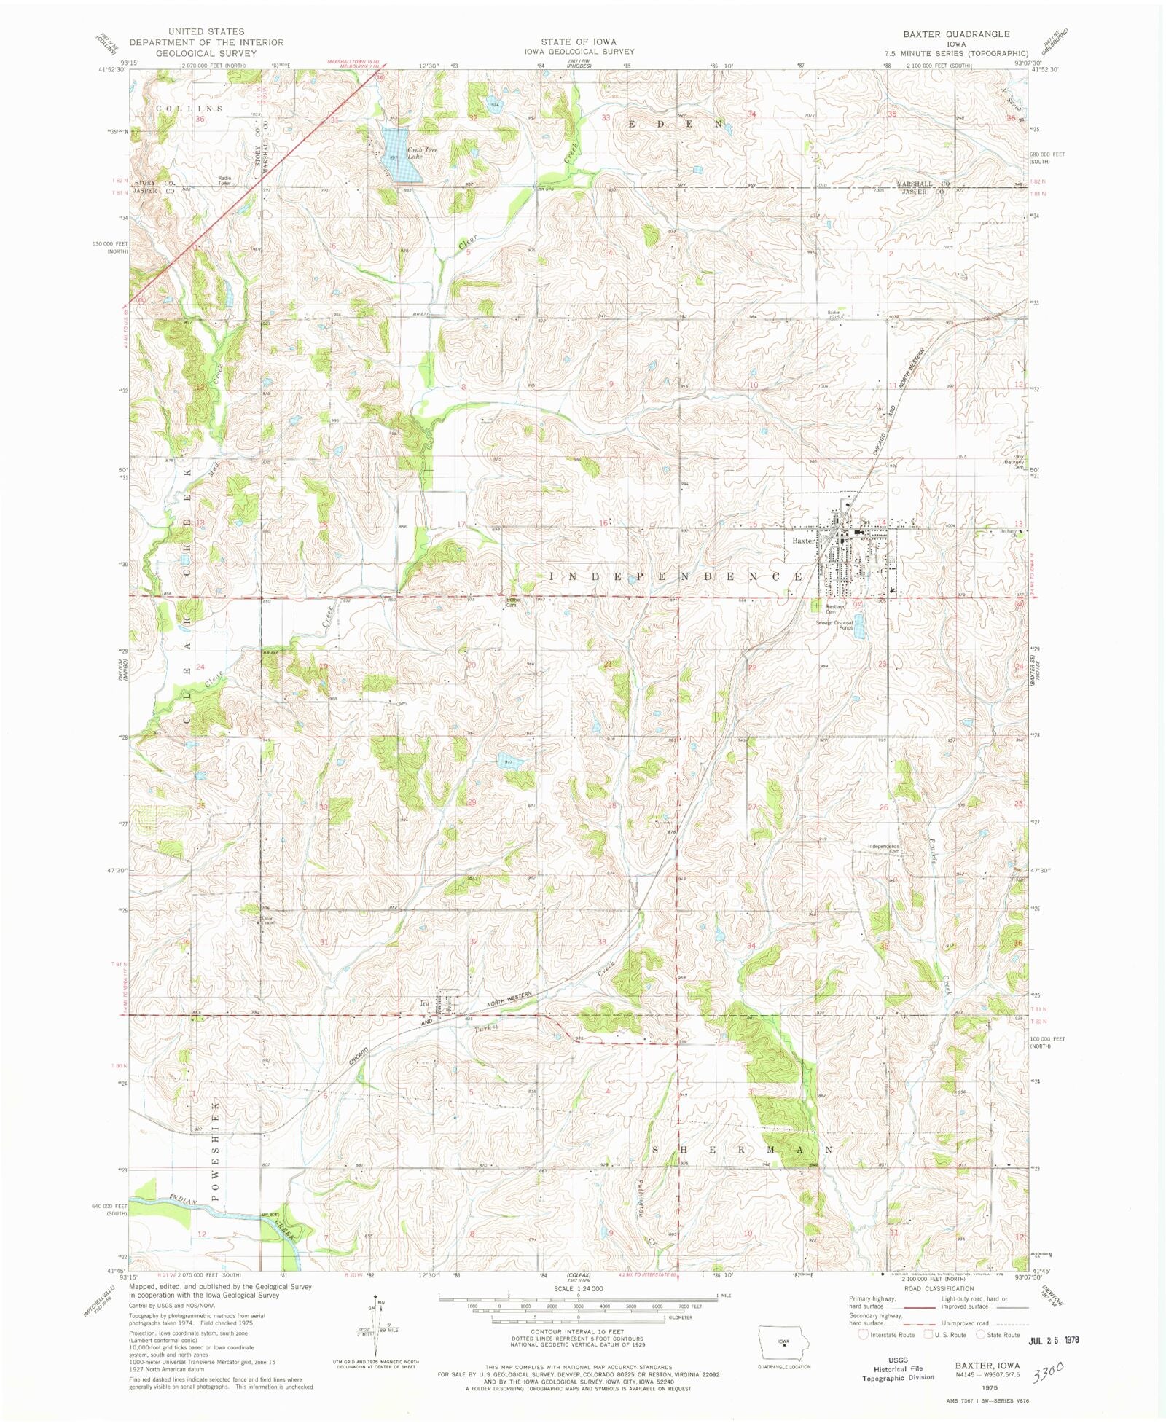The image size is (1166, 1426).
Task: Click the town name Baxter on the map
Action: coord(804,541)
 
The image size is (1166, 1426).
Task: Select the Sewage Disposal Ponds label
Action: coord(834,624)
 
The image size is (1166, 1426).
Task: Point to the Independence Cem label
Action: coord(883,849)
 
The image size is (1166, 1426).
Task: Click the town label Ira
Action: coord(423,1003)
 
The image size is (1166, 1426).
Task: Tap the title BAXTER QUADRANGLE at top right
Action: coord(956,34)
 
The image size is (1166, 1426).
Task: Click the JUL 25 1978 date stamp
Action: coord(1053,1339)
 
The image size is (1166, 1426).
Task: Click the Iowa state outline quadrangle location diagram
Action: coord(783,1342)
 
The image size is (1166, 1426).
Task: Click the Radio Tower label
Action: coord(224,181)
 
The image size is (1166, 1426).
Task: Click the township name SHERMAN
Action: coord(741,1150)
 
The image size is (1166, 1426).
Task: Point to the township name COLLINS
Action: coord(189,109)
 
